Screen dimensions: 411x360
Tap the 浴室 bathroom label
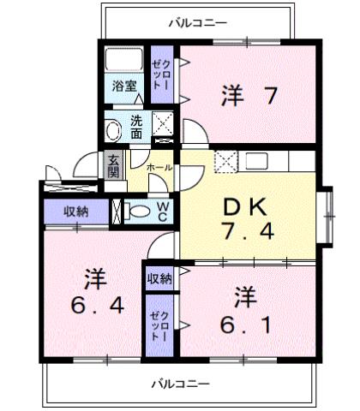[x=124, y=86]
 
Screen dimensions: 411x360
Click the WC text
[x=162, y=210]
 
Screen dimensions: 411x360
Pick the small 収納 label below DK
[x=158, y=277]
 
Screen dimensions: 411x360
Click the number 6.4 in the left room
[x=95, y=305]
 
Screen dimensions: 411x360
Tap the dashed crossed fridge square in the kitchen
[x=224, y=160]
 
